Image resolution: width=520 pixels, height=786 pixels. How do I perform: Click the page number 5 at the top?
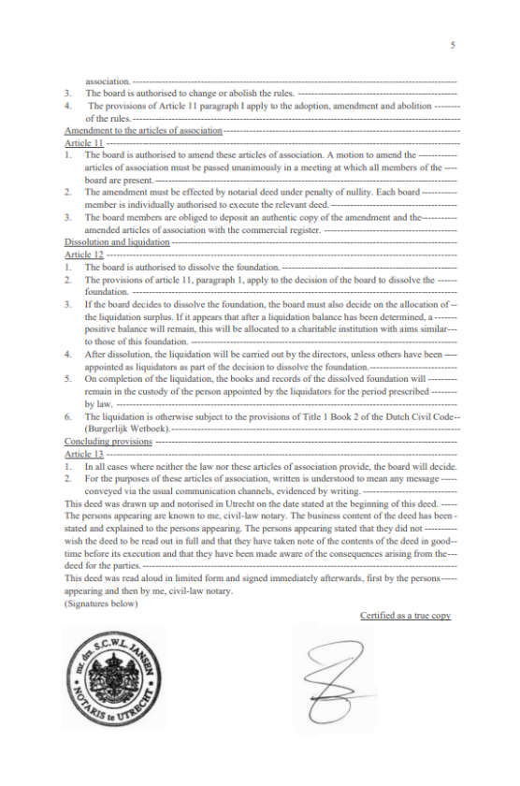click(452, 44)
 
